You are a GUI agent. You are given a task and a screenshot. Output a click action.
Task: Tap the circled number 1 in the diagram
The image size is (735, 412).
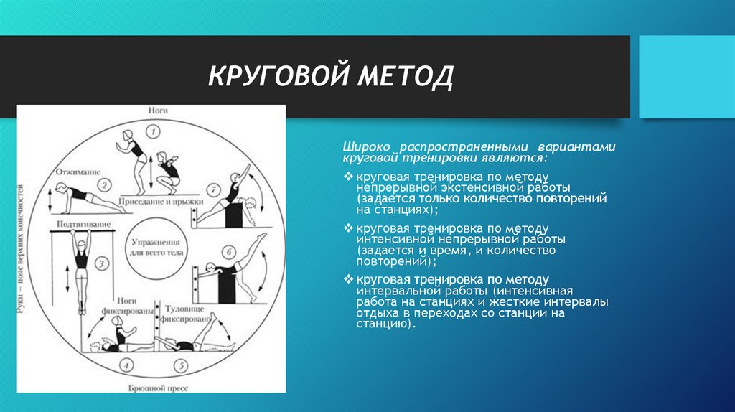[151, 131]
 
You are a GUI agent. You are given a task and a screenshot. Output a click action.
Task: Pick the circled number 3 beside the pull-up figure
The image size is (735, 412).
[102, 263]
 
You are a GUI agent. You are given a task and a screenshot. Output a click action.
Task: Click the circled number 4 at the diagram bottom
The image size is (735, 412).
[126, 367]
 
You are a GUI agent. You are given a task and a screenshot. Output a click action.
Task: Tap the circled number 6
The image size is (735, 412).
[228, 252]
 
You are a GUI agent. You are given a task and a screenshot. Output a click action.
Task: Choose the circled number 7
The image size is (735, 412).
[212, 189]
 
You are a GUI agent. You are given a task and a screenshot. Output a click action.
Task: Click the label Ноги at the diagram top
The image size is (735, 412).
[158, 111]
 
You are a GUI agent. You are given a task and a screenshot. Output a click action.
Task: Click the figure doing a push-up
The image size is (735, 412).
[79, 198]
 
